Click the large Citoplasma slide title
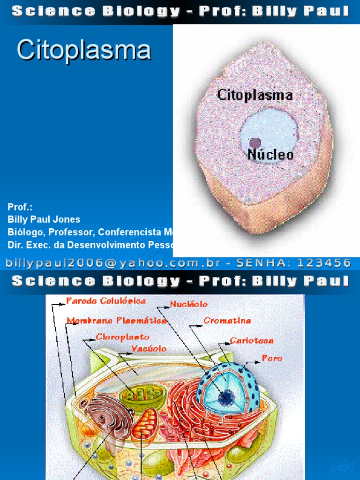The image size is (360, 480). (x=84, y=50)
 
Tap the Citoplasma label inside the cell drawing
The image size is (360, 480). (x=255, y=95)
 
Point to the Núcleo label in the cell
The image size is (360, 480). (x=270, y=155)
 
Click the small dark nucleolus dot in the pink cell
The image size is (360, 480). (x=255, y=142)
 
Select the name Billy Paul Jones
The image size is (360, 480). (x=44, y=219)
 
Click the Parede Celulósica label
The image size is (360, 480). (x=106, y=300)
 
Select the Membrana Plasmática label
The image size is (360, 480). (x=116, y=321)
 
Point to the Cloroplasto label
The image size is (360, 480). (x=123, y=337)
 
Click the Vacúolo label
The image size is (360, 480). (x=149, y=349)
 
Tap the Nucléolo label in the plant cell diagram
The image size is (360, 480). (x=188, y=304)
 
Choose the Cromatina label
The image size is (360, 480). (x=227, y=321)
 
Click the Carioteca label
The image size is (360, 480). (x=252, y=341)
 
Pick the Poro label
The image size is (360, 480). (x=272, y=358)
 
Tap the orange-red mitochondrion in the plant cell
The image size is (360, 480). (x=144, y=424)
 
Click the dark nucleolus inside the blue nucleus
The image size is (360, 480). (x=226, y=397)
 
